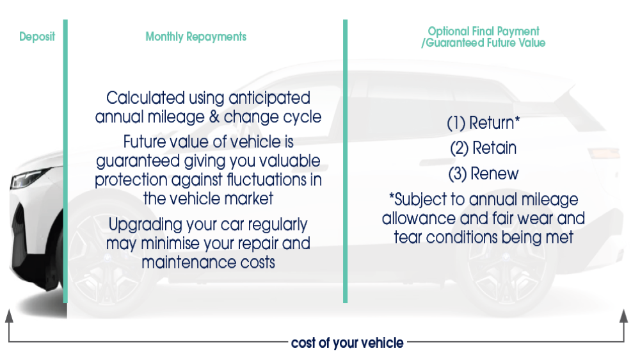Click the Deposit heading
click(x=36, y=37)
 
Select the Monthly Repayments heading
click(x=196, y=37)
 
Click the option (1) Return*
click(x=483, y=123)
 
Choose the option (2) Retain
click(x=483, y=149)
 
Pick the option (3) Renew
click(x=483, y=174)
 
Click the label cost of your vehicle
click(x=348, y=343)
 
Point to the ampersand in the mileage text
click(x=214, y=117)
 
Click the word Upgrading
click(x=145, y=225)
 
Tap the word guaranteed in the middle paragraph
click(x=138, y=161)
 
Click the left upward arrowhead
click(x=9, y=316)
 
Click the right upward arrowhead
click(x=623, y=316)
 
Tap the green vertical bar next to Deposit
click(x=65, y=161)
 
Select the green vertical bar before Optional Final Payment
click(x=346, y=161)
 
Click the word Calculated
click(x=146, y=98)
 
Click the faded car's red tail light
click(x=605, y=153)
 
